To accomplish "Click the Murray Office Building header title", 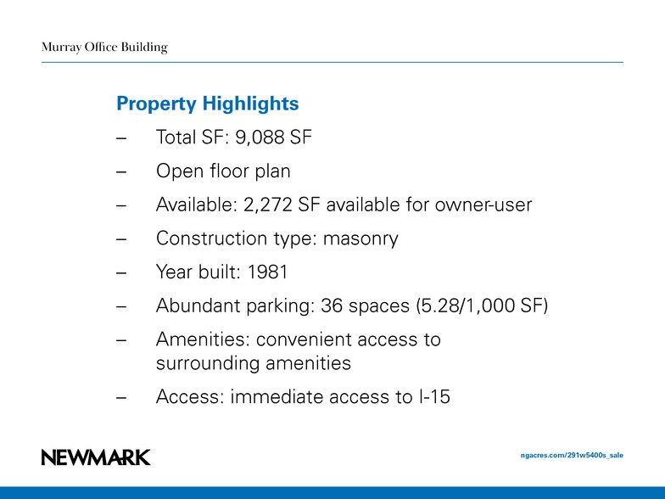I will [x=104, y=48].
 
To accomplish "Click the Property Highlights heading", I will [x=207, y=104].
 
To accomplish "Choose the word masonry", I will [x=360, y=238].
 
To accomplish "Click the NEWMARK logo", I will [x=96, y=457].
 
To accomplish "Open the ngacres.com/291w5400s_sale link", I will [x=571, y=456].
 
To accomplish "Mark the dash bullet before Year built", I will [x=121, y=273].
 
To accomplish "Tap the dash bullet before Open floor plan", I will [x=121, y=172].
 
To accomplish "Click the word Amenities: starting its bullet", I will [x=203, y=339].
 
